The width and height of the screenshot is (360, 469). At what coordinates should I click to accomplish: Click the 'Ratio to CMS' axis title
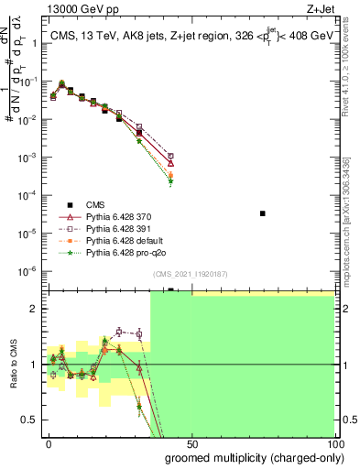coord(12,365)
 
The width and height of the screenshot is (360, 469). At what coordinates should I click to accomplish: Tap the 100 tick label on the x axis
coord(333,442)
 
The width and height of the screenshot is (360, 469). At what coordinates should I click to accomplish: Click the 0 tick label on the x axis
coord(49,442)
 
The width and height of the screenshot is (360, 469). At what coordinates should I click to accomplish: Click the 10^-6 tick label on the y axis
coord(29,270)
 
